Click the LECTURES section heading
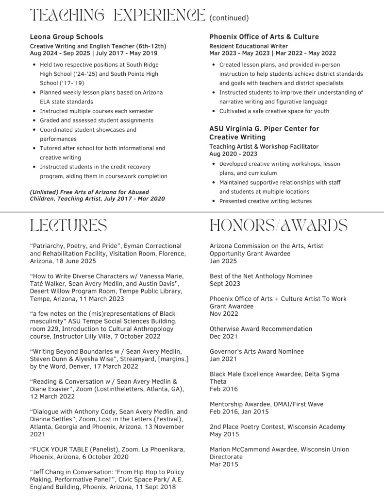68,225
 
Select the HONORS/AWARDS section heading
278,225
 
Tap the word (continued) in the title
229,18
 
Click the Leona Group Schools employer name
67,36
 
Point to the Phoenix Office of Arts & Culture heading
264,36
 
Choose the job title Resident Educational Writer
249,46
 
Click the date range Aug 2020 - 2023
234,154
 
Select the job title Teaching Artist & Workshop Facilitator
264,146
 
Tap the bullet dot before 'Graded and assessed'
33,120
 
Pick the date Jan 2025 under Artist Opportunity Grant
223,261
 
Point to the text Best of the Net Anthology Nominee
261,276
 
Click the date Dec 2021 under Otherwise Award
224,336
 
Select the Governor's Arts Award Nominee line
257,351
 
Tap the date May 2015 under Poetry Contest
224,434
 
